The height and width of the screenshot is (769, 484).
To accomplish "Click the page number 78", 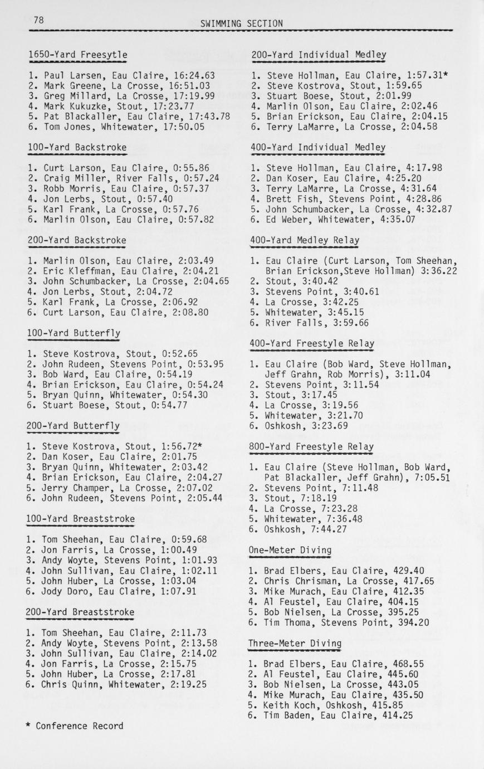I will coord(38,20).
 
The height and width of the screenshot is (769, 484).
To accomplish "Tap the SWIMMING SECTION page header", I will coord(241,23).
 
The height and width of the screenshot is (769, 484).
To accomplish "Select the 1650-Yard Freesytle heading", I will coord(78,55).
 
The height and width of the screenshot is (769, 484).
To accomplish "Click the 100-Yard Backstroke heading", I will coord(77,148).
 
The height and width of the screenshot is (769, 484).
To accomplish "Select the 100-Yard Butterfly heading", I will coord(74,333).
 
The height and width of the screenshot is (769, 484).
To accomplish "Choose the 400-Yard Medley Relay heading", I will coord(305,240).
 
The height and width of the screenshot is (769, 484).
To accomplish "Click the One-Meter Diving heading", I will coord(290,551).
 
